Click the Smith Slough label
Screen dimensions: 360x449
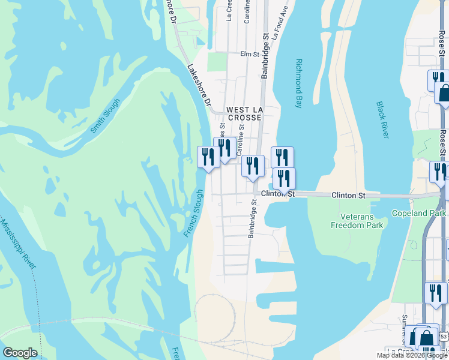tap(106, 115)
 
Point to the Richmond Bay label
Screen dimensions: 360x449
tap(298, 83)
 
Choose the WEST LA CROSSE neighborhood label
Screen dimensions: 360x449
tap(244, 114)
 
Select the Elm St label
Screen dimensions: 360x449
tap(249, 54)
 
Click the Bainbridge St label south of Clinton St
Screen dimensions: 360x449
tap(253, 218)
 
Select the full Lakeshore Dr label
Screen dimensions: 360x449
tap(198, 85)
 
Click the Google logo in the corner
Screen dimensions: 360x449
tap(20, 353)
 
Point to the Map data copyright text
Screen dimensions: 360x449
tap(412, 355)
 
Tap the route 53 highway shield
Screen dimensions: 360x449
tap(443, 337)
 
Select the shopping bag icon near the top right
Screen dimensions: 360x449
tap(445, 94)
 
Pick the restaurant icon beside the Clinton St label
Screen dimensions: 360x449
tap(284, 178)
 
